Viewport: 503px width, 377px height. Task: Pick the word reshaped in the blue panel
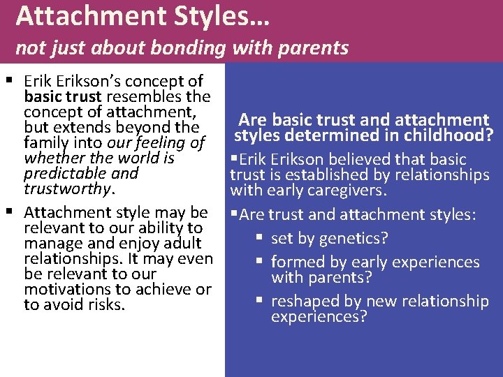[x=305, y=301]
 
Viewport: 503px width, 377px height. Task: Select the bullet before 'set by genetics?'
[x=259, y=238]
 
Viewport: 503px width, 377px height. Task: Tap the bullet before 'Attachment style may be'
[x=8, y=212]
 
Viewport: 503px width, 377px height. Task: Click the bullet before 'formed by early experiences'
[x=259, y=262]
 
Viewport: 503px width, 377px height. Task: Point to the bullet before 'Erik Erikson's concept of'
[x=8, y=81]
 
